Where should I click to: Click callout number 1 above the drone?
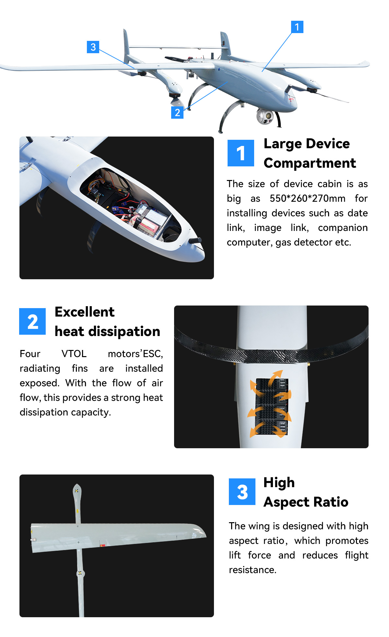click(x=297, y=27)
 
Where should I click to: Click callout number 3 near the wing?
click(x=93, y=47)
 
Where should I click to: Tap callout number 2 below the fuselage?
click(x=177, y=113)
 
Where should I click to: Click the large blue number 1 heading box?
click(x=241, y=153)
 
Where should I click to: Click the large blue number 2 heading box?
click(x=32, y=321)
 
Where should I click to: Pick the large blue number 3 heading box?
click(x=242, y=492)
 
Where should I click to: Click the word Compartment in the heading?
click(x=310, y=163)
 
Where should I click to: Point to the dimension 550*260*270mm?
click(x=307, y=198)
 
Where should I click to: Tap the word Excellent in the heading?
click(x=85, y=312)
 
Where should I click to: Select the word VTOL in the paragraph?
click(x=74, y=354)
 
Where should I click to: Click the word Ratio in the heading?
click(x=331, y=502)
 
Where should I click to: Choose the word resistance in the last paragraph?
click(x=252, y=570)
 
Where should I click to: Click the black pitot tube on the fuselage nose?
click(x=195, y=240)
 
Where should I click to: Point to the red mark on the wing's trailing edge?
click(x=103, y=546)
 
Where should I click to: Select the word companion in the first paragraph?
click(x=343, y=228)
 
